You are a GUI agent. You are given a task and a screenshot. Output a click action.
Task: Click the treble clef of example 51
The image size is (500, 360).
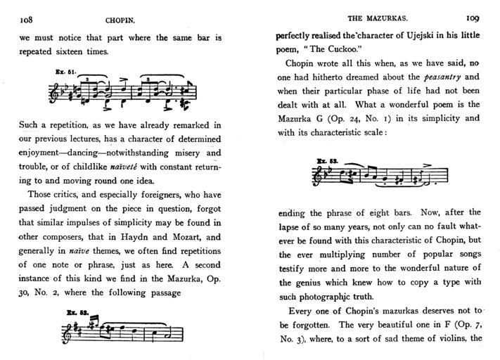[x=53, y=92]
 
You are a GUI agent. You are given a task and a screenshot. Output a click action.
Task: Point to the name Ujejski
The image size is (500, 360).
[x=416, y=35]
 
